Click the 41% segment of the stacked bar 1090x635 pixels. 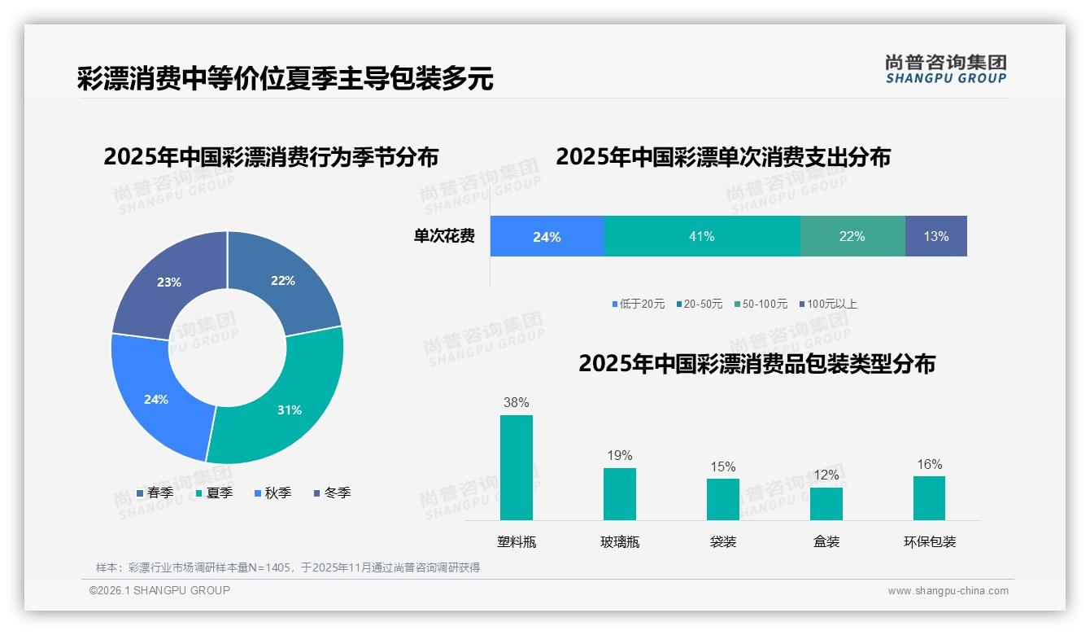click(x=702, y=236)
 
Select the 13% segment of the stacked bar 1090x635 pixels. click(x=935, y=236)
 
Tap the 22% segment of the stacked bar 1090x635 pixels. click(x=852, y=236)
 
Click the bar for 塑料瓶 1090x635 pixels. click(x=517, y=467)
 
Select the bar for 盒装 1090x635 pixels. click(x=826, y=503)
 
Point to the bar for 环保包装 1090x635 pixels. click(x=929, y=497)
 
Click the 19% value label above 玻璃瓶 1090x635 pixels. click(x=619, y=456)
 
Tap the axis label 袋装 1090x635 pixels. click(x=722, y=542)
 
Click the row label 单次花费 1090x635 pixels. click(x=444, y=236)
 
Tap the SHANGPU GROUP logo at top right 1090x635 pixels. click(x=945, y=68)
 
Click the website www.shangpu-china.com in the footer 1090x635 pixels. click(x=948, y=591)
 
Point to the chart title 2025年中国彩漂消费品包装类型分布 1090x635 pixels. click(x=756, y=364)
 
